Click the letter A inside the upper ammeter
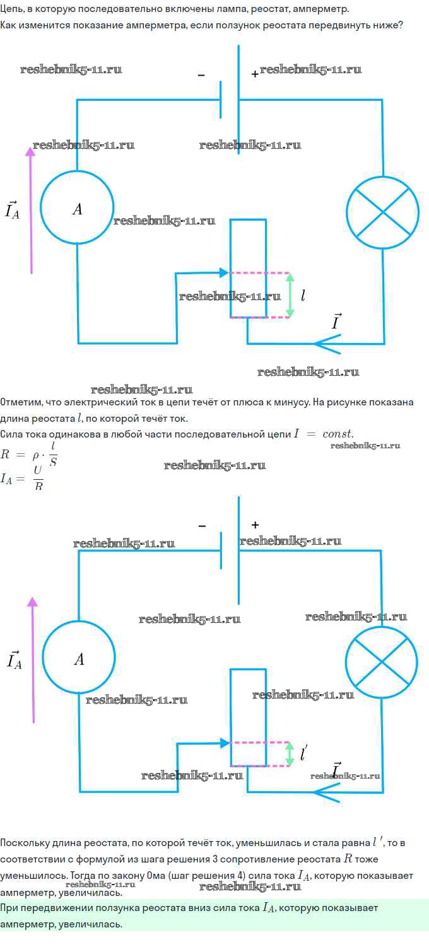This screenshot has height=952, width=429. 78,209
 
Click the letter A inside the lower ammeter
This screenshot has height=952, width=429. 79,659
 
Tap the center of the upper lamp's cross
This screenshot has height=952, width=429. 383,212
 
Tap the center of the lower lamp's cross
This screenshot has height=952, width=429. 382,662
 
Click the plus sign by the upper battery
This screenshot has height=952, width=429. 255,74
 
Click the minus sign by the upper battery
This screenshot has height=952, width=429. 201,75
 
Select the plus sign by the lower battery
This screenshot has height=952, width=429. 255,525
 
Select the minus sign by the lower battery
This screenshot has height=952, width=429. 202,526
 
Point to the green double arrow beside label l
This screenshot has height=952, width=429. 290,296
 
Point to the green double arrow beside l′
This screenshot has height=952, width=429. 290,754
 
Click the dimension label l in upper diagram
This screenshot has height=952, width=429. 303,296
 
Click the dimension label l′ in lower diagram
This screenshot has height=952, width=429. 303,753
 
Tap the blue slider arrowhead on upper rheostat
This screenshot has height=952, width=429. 224,273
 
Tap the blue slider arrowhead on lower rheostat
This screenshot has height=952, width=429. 225,743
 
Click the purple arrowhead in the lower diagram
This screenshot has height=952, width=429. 32,602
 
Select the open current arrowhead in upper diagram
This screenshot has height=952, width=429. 328,344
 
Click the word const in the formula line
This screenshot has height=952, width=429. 338,434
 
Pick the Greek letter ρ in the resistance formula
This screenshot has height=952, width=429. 36,456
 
